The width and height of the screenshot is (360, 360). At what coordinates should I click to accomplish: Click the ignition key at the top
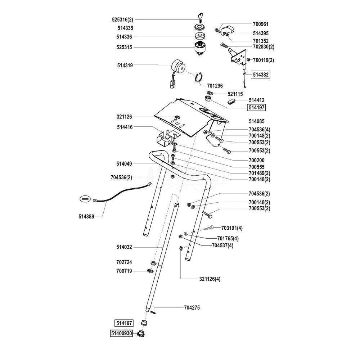pyautogui.click(x=200, y=17)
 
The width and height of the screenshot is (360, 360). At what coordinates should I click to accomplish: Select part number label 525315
pyautogui.click(x=124, y=47)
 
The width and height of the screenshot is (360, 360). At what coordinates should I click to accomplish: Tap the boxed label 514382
pyautogui.click(x=261, y=75)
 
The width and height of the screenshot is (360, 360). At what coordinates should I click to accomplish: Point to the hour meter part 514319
pyautogui.click(x=178, y=66)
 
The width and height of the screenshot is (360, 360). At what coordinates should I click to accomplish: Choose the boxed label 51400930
pyautogui.click(x=121, y=333)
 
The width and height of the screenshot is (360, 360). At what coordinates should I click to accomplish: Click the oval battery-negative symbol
pyautogui.click(x=85, y=199)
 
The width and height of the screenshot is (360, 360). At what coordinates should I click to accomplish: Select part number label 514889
pyautogui.click(x=86, y=216)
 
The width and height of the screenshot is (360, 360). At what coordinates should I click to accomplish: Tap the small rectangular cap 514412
pyautogui.click(x=232, y=100)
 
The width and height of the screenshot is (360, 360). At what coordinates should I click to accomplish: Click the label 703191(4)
pyautogui.click(x=232, y=228)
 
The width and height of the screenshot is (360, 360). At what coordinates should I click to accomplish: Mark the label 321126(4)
pyautogui.click(x=210, y=279)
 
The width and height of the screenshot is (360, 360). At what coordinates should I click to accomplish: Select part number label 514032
pyautogui.click(x=124, y=247)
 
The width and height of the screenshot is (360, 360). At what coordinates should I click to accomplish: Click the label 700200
pyautogui.click(x=257, y=160)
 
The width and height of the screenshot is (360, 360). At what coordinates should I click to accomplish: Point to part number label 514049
pyautogui.click(x=124, y=164)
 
